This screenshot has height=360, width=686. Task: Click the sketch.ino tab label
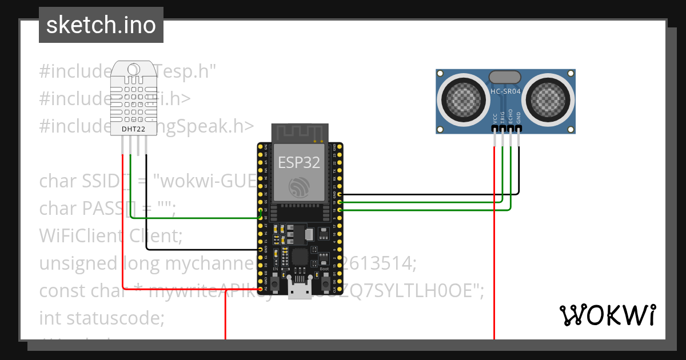point(101,25)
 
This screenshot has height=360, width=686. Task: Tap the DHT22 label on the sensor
point(133,129)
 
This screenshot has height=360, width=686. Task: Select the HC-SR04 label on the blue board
point(505,91)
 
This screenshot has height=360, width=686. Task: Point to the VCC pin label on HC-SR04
point(495,118)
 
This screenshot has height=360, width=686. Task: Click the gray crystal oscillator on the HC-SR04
point(505,76)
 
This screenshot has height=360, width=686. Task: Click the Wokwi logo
point(607,315)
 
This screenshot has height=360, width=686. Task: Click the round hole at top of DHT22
point(133,70)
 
